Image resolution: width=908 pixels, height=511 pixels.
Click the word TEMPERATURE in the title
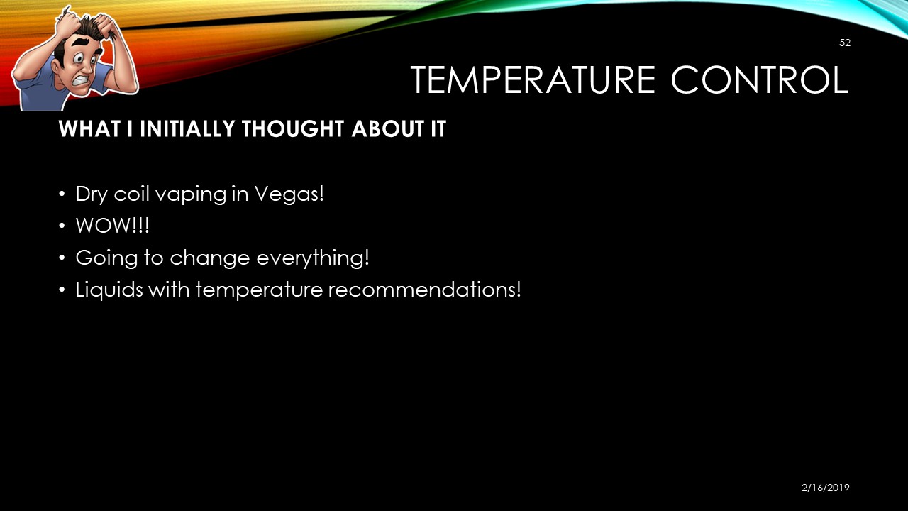533,80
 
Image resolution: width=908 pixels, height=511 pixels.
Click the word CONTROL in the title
760,80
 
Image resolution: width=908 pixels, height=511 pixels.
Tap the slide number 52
845,43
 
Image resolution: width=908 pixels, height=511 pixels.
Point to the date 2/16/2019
825,488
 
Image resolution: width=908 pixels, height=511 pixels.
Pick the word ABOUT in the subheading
382,128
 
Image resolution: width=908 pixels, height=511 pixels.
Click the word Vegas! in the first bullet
289,194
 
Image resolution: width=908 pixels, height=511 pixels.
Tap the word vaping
191,194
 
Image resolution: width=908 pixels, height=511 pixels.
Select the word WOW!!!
112,226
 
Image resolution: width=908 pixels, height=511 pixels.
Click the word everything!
313,258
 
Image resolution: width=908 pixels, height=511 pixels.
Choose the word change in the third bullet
209,258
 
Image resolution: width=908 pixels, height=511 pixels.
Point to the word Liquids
109,290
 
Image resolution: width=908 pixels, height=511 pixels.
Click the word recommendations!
424,290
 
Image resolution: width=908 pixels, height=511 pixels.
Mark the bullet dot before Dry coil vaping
62,194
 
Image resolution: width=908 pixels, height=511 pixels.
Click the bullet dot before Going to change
62,258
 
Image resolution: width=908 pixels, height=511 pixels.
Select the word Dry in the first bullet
92,194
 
